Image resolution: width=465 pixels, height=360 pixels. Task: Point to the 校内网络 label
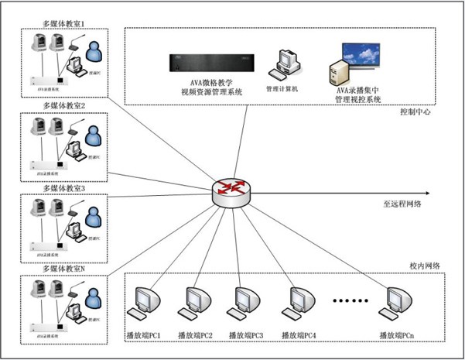point(425,266)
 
